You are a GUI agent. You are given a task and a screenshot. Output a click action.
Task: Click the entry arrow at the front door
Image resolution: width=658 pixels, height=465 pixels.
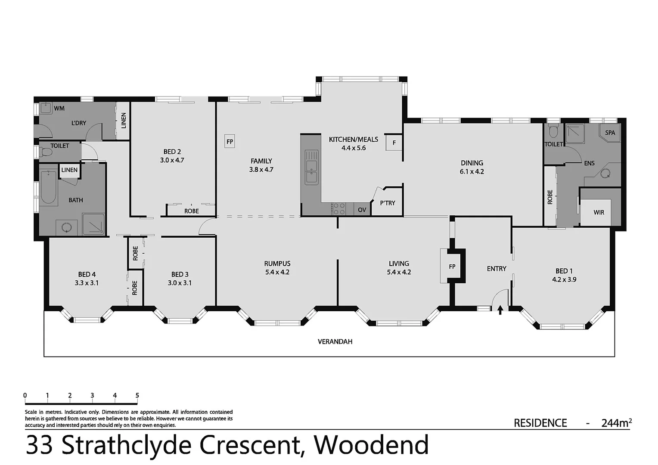500,310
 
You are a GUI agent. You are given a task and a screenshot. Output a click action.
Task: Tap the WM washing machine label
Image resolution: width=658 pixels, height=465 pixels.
59,108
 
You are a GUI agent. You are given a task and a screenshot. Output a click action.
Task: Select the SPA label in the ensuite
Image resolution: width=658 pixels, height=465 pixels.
610,133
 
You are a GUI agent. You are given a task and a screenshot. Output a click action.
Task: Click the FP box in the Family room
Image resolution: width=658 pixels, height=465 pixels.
230,141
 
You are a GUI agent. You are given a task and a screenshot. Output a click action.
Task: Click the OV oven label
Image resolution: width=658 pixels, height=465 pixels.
362,210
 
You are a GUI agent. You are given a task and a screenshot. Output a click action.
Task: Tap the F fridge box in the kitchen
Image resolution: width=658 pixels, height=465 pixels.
394,143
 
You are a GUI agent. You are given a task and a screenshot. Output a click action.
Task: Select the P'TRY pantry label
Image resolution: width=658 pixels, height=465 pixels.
387,203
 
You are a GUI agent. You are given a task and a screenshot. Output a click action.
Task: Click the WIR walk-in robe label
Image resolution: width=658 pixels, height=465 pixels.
598,213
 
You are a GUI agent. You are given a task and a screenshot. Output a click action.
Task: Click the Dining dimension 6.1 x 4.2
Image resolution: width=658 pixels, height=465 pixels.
472,171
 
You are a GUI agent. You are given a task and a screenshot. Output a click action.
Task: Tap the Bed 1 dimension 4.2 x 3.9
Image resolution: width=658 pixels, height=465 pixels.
564,279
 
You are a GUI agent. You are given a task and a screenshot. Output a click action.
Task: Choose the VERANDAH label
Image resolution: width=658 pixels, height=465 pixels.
335,342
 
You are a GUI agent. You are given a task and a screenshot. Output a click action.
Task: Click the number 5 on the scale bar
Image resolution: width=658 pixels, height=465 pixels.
137,395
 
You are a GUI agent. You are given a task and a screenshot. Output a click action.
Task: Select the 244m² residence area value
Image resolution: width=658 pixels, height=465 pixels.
616,423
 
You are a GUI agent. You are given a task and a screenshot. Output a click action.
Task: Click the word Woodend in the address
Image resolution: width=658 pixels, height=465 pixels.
371,445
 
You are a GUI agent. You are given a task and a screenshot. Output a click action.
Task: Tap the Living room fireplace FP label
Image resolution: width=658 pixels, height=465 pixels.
452,267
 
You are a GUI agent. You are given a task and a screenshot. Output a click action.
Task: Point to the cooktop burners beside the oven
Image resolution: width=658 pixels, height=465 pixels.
339,209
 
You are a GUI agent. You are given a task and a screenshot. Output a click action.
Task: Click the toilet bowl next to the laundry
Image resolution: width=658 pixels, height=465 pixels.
44,152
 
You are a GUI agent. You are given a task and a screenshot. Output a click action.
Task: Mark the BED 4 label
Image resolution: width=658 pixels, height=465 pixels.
87,274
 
